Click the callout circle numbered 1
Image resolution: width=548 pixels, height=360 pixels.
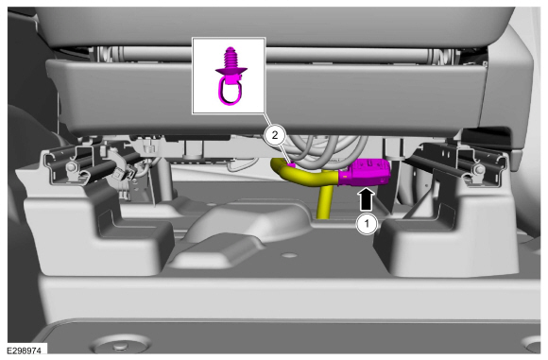367,224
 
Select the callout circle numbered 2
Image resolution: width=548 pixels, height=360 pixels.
275,135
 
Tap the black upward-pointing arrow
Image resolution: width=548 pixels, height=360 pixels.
367,199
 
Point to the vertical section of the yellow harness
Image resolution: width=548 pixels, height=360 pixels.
324,202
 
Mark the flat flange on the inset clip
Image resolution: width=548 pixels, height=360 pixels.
231,71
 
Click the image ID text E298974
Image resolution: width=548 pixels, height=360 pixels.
25,351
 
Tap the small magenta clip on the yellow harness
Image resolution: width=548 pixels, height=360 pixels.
291,164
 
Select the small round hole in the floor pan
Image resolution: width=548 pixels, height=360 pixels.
289,255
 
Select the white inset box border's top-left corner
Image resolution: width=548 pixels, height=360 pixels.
192,38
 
